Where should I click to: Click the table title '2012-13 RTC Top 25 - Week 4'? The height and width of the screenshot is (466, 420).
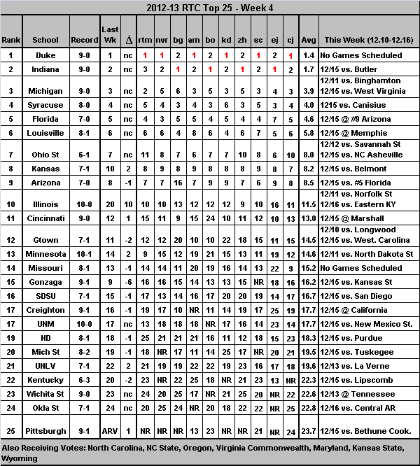(x=209, y=9)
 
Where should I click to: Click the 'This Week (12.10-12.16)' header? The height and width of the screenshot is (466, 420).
(x=367, y=40)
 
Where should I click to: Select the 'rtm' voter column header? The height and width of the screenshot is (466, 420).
(x=145, y=40)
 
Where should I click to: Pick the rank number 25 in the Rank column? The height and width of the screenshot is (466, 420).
(x=12, y=430)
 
